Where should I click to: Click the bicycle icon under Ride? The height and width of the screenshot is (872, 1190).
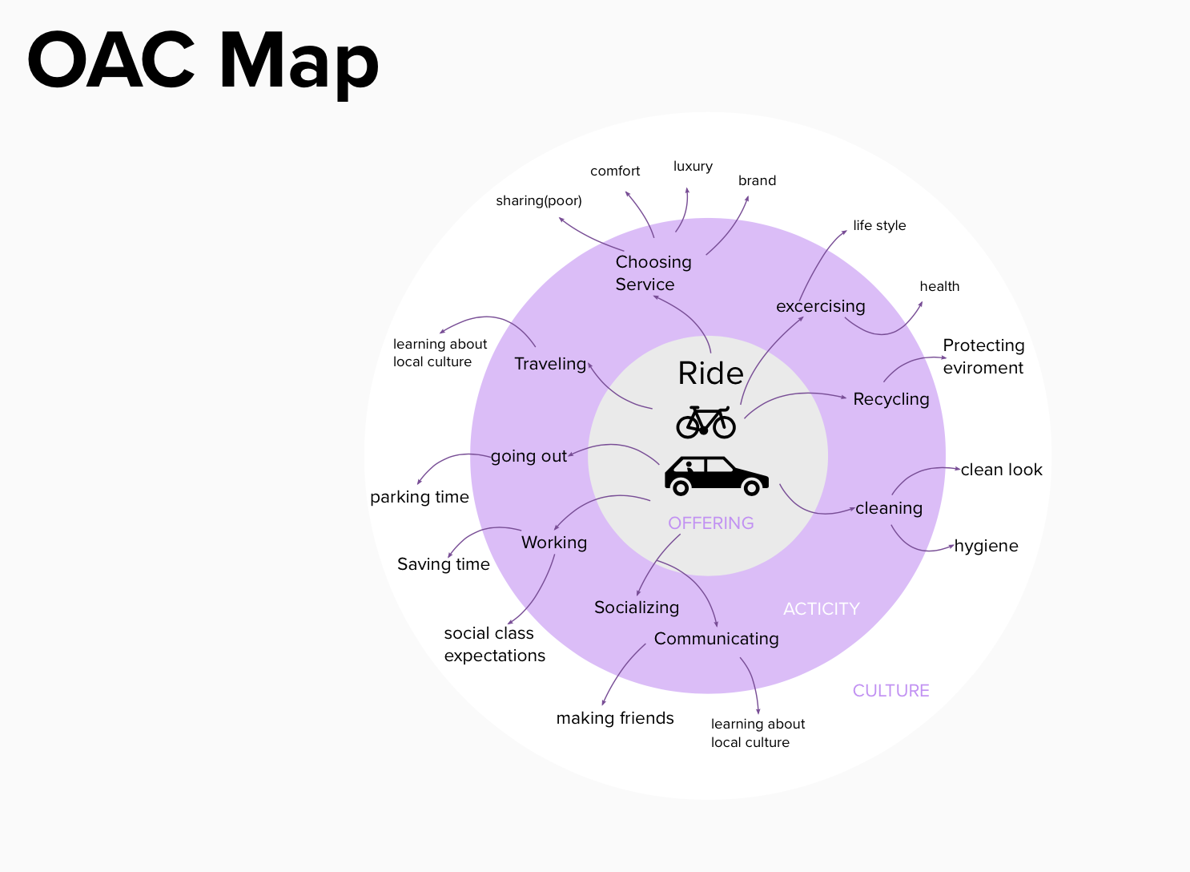click(706, 422)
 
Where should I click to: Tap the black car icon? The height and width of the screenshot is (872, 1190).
click(716, 475)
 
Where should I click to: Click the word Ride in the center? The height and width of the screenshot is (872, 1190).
click(710, 373)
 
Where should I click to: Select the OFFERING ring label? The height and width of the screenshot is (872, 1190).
click(711, 523)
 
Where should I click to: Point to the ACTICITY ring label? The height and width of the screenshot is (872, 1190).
click(821, 609)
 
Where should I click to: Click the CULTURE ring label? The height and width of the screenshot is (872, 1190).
click(890, 691)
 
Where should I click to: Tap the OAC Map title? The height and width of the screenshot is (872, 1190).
click(203, 62)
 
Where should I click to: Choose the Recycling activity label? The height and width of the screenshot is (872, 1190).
click(890, 399)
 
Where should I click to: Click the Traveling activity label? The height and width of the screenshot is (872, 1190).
click(550, 364)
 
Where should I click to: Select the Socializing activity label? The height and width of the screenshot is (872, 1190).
click(637, 608)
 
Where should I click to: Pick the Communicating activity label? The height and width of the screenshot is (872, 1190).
click(716, 639)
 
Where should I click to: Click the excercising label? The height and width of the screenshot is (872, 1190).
click(820, 306)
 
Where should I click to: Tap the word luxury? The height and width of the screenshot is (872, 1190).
click(693, 166)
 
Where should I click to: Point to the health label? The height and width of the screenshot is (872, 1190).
click(939, 286)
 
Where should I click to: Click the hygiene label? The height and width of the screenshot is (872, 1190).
click(986, 546)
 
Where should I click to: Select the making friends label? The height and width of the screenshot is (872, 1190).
click(615, 718)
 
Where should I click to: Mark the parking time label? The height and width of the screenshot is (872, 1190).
click(420, 497)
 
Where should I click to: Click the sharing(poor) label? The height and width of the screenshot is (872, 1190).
click(539, 200)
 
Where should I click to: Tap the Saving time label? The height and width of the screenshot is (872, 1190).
click(444, 564)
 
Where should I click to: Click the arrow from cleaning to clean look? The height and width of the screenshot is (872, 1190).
click(921, 471)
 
